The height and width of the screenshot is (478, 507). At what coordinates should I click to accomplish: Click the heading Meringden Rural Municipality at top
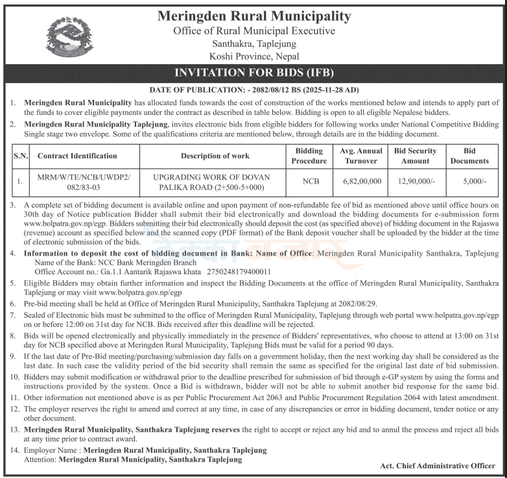(253, 16)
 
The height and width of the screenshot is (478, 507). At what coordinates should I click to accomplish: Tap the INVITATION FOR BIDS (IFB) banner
(253, 73)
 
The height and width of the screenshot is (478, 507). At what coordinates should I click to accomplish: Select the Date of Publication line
(253, 90)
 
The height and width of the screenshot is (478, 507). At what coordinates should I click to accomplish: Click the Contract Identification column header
(77, 156)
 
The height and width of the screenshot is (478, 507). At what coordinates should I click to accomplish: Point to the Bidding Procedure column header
(309, 156)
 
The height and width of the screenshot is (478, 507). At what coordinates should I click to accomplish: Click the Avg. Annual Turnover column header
(361, 156)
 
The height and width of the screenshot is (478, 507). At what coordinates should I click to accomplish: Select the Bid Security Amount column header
(415, 156)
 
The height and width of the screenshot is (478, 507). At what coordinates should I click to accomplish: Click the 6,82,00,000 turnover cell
(361, 182)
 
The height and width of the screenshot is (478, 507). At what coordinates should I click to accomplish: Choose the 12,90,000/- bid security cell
(415, 182)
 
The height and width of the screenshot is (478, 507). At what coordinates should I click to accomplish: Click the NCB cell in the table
(309, 182)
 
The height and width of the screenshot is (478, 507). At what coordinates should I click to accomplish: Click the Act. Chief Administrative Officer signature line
(438, 466)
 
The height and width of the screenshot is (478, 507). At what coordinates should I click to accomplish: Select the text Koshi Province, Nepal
(253, 56)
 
